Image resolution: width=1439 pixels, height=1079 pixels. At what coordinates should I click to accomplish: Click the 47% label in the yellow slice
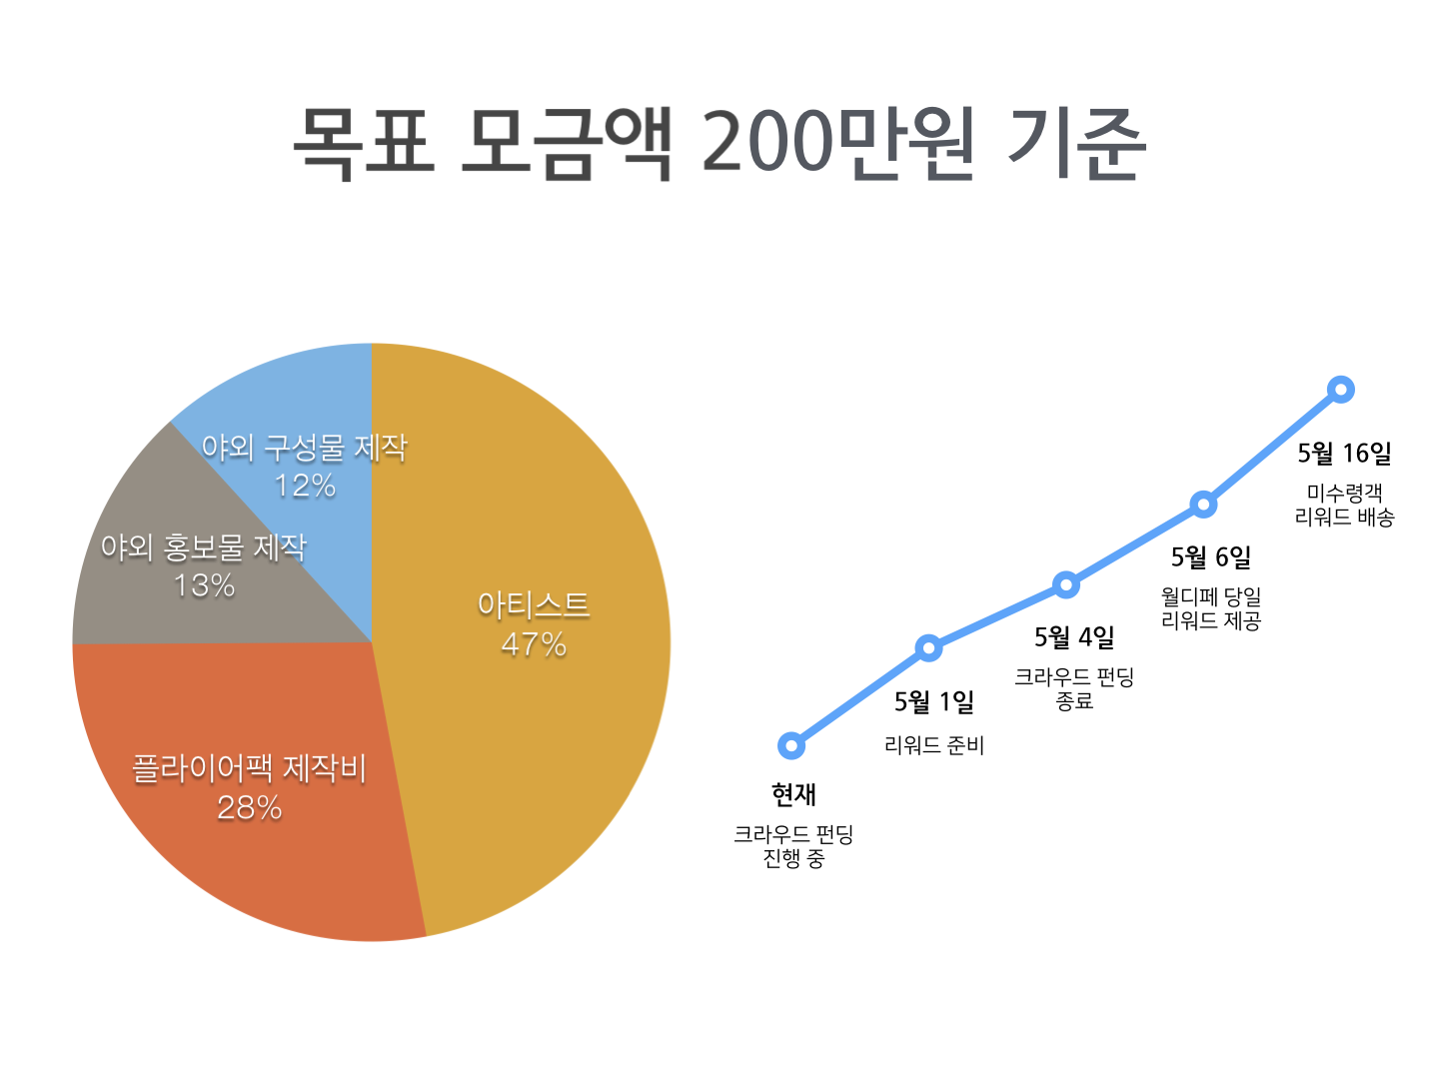tap(534, 644)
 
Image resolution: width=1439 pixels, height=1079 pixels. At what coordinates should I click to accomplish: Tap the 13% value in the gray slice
tap(204, 585)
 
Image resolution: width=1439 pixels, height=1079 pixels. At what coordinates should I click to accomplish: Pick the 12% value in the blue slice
tap(305, 486)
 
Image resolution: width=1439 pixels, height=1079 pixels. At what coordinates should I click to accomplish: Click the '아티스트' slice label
tap(534, 604)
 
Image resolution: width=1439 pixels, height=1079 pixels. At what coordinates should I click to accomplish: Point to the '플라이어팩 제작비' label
tap(250, 768)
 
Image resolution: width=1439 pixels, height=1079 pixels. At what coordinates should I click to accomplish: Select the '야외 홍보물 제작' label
tap(204, 546)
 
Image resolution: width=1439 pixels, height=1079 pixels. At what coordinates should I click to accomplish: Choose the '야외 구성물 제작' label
tap(305, 448)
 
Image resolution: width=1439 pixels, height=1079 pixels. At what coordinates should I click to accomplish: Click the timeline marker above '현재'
tap(791, 745)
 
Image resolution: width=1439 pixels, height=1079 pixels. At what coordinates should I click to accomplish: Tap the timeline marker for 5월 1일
tap(929, 648)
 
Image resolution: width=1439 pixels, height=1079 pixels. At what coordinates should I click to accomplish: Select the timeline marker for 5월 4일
tap(1066, 584)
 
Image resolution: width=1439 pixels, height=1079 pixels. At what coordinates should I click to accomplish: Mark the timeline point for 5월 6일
tap(1204, 505)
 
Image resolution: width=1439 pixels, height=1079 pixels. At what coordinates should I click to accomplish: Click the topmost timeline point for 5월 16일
tap(1341, 390)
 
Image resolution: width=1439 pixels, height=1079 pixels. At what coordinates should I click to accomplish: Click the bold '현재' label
tap(793, 795)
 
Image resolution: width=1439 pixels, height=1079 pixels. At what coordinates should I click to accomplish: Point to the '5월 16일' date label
tap(1344, 454)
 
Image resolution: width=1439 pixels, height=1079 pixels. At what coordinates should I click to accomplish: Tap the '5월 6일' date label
tap(1211, 557)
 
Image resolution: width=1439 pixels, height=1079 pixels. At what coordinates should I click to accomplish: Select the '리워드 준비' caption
tap(934, 745)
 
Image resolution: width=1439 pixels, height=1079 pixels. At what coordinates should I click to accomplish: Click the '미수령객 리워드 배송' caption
tap(1344, 505)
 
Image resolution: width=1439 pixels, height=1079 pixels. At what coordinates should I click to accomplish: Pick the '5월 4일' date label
tap(1074, 637)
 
